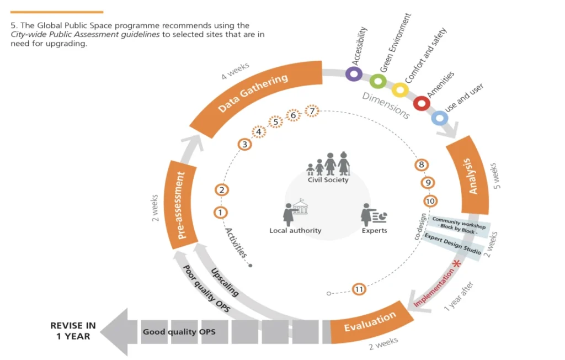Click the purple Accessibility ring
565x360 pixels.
click(x=353, y=74)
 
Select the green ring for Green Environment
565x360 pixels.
click(x=378, y=82)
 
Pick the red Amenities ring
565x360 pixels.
click(x=422, y=103)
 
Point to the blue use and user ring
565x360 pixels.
click(x=439, y=118)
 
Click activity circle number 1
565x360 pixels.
click(x=220, y=212)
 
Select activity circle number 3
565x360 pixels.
click(x=244, y=145)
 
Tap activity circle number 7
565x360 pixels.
click(x=312, y=112)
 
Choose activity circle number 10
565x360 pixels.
click(x=430, y=201)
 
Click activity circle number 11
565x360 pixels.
click(x=359, y=289)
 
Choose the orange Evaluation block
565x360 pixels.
click(x=370, y=322)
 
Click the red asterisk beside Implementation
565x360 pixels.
click(x=456, y=264)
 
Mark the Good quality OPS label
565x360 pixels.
click(x=179, y=332)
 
